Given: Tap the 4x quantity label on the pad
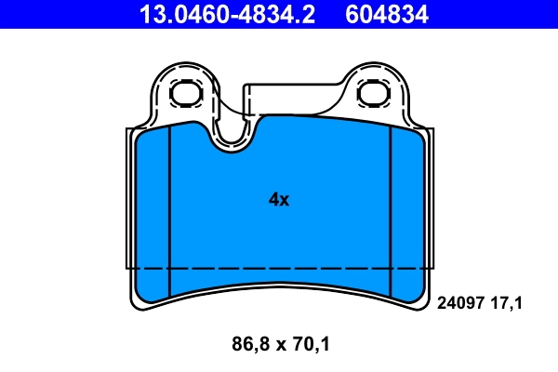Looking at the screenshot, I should (278, 199).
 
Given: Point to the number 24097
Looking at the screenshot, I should (458, 302).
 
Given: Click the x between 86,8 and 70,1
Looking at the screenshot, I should (279, 346).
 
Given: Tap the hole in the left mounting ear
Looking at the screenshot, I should (187, 91).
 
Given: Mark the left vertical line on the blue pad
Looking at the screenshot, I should (170, 205).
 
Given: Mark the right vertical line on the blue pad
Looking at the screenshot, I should (390, 205).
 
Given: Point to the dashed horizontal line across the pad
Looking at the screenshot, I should (279, 268).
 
